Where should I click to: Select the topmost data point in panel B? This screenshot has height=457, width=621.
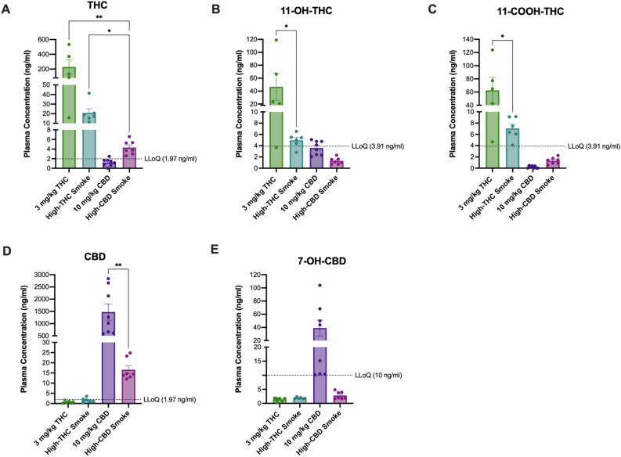274,40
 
